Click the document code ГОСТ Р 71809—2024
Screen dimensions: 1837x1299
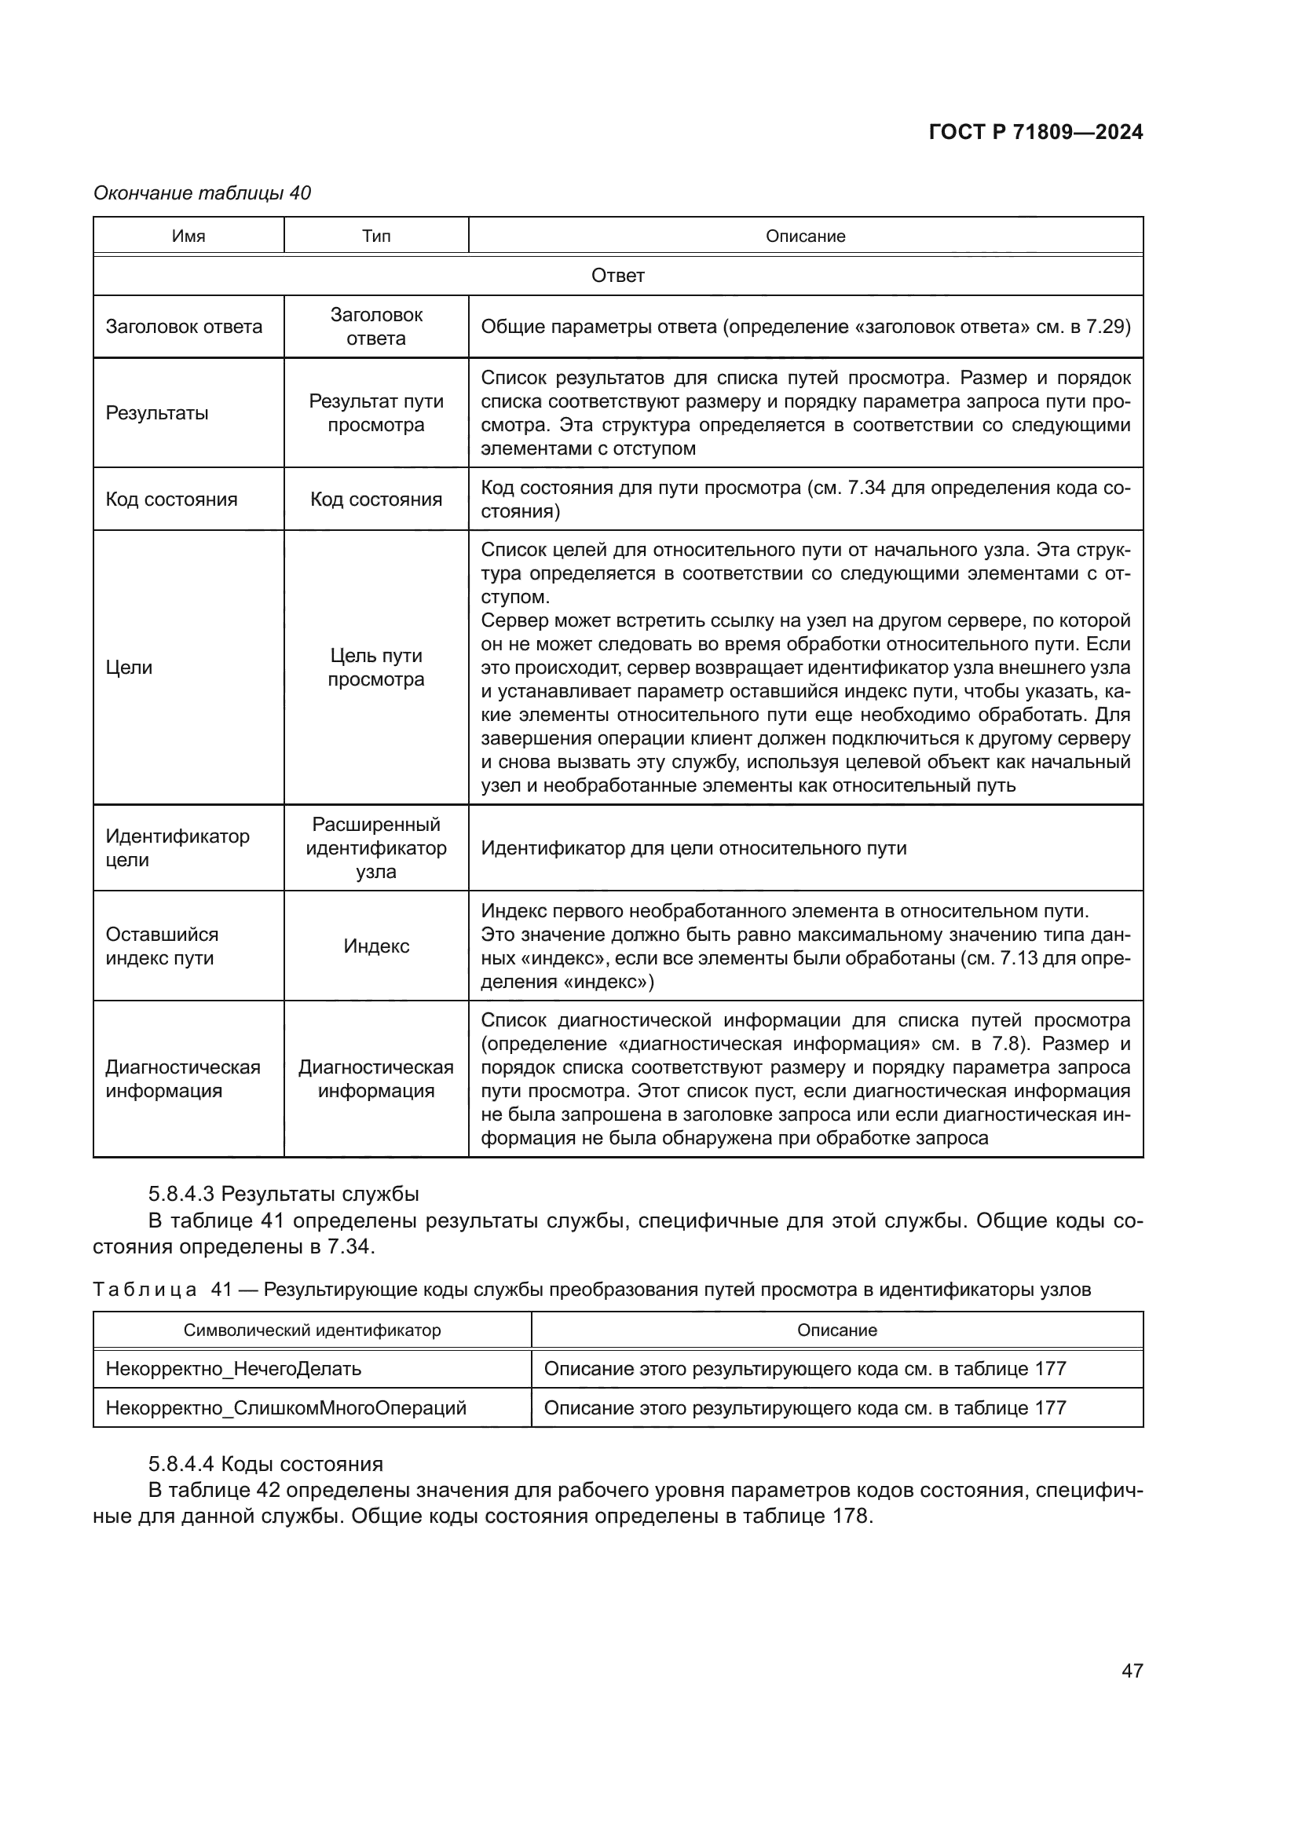(x=1036, y=133)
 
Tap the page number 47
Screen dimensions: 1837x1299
(x=1132, y=1670)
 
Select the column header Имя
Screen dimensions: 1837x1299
(x=188, y=236)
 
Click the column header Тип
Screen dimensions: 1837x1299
(x=376, y=236)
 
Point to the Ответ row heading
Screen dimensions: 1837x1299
(x=617, y=276)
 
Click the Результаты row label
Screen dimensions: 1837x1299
(x=157, y=413)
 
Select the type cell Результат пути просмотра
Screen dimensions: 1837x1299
(x=376, y=413)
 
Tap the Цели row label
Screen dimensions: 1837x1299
(x=129, y=668)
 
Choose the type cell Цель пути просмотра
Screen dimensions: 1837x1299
(x=376, y=668)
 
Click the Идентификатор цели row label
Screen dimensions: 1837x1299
(x=177, y=848)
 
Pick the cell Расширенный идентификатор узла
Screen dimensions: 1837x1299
(x=376, y=848)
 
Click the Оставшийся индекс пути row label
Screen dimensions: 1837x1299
(x=162, y=946)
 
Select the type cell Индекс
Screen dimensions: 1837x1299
(x=376, y=946)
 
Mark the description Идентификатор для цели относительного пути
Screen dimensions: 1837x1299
(x=693, y=848)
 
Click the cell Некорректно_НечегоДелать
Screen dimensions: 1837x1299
(x=233, y=1369)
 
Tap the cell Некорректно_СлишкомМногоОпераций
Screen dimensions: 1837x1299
(x=286, y=1408)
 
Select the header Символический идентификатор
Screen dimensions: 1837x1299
(x=312, y=1330)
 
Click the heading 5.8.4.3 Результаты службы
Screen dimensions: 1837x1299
(x=284, y=1195)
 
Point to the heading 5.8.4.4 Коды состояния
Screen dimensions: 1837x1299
(x=265, y=1464)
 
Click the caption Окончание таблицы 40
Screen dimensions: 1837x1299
(x=203, y=193)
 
